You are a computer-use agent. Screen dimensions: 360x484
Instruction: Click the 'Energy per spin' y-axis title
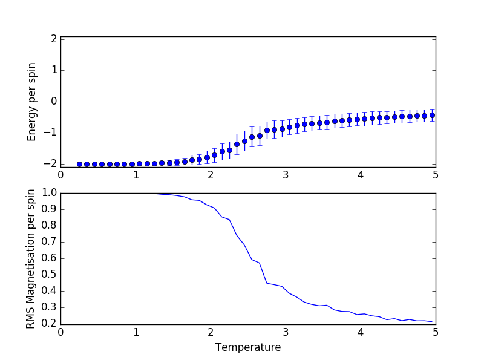[33, 102]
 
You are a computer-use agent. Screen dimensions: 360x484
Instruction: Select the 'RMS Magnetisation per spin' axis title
[30, 259]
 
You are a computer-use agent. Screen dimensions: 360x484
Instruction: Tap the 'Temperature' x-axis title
[248, 348]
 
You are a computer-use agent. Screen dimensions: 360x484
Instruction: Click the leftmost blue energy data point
[79, 164]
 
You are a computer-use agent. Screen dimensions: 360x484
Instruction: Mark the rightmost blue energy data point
[432, 115]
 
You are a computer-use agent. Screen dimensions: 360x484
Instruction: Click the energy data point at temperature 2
[207, 157]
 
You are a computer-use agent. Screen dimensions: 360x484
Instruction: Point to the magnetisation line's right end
[432, 322]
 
